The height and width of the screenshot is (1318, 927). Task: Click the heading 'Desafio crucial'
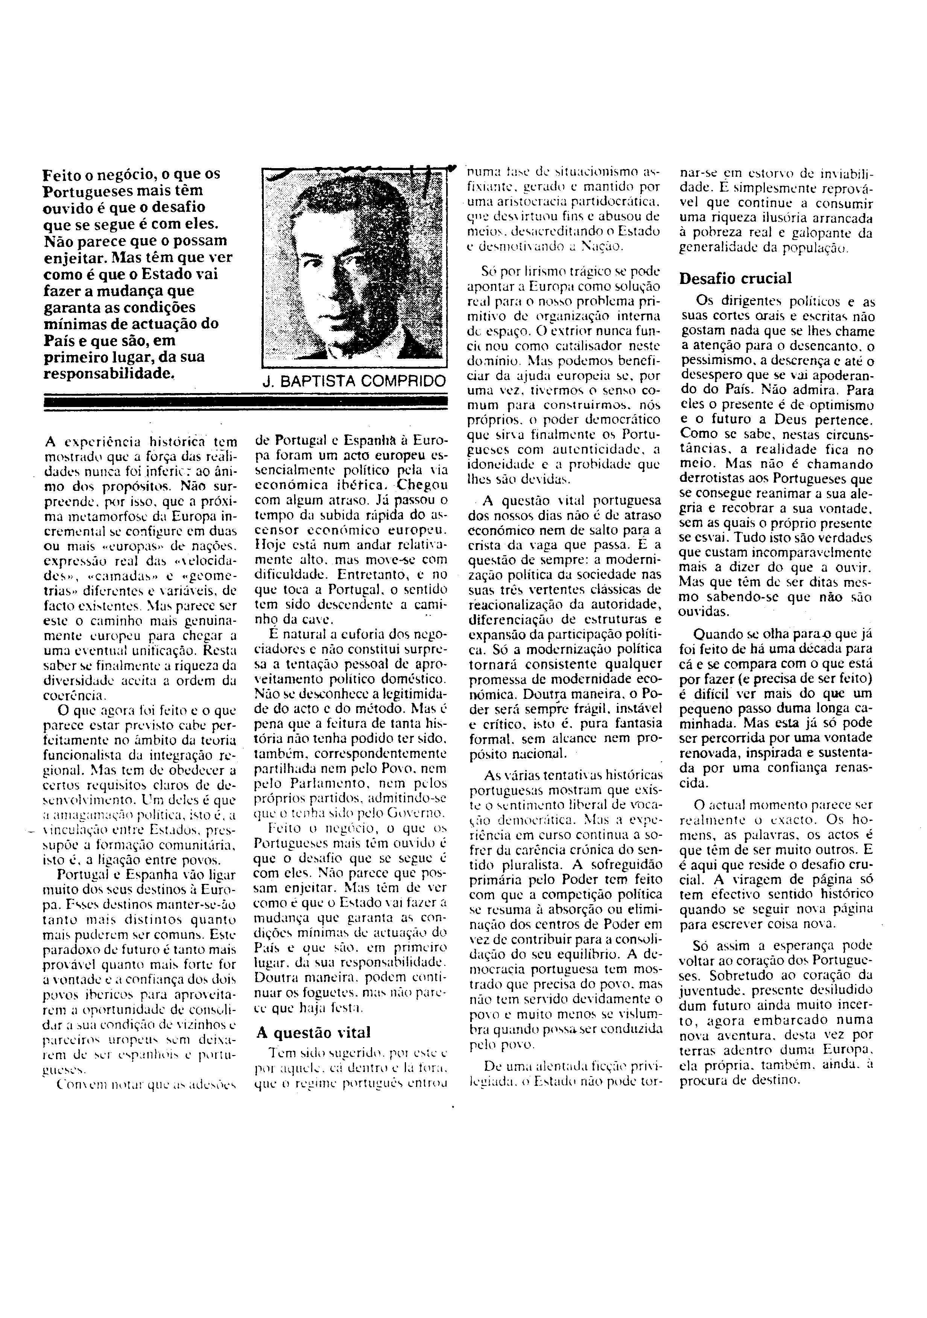tap(735, 279)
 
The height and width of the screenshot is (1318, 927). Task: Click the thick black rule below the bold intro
tap(246, 401)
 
